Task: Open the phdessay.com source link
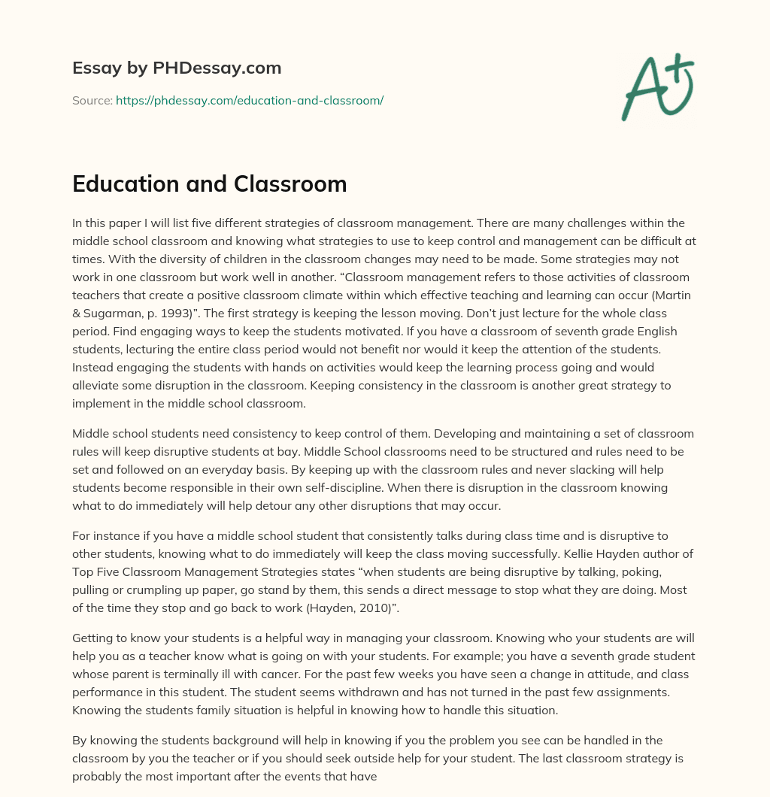[250, 100]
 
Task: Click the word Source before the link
[92, 100]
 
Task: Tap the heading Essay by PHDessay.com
[177, 68]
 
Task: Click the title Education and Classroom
[209, 184]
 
